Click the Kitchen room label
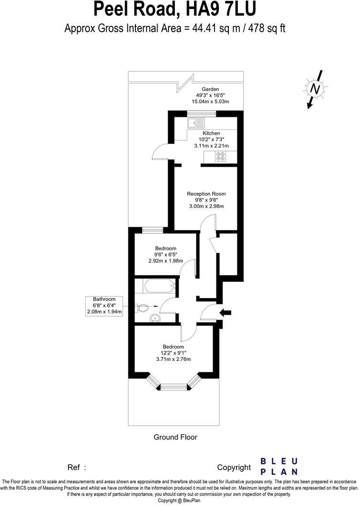(211, 133)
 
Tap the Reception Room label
(206, 194)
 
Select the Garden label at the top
(210, 89)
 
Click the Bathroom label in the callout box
(104, 299)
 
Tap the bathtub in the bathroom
(158, 287)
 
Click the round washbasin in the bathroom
(154, 318)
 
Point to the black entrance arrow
(225, 313)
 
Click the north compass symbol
(315, 89)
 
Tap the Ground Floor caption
(175, 437)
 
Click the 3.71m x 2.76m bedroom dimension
(173, 359)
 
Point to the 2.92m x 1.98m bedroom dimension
(166, 261)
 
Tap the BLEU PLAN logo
(279, 466)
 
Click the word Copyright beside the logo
(234, 467)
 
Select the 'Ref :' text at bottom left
(77, 467)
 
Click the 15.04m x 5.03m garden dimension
(210, 102)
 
